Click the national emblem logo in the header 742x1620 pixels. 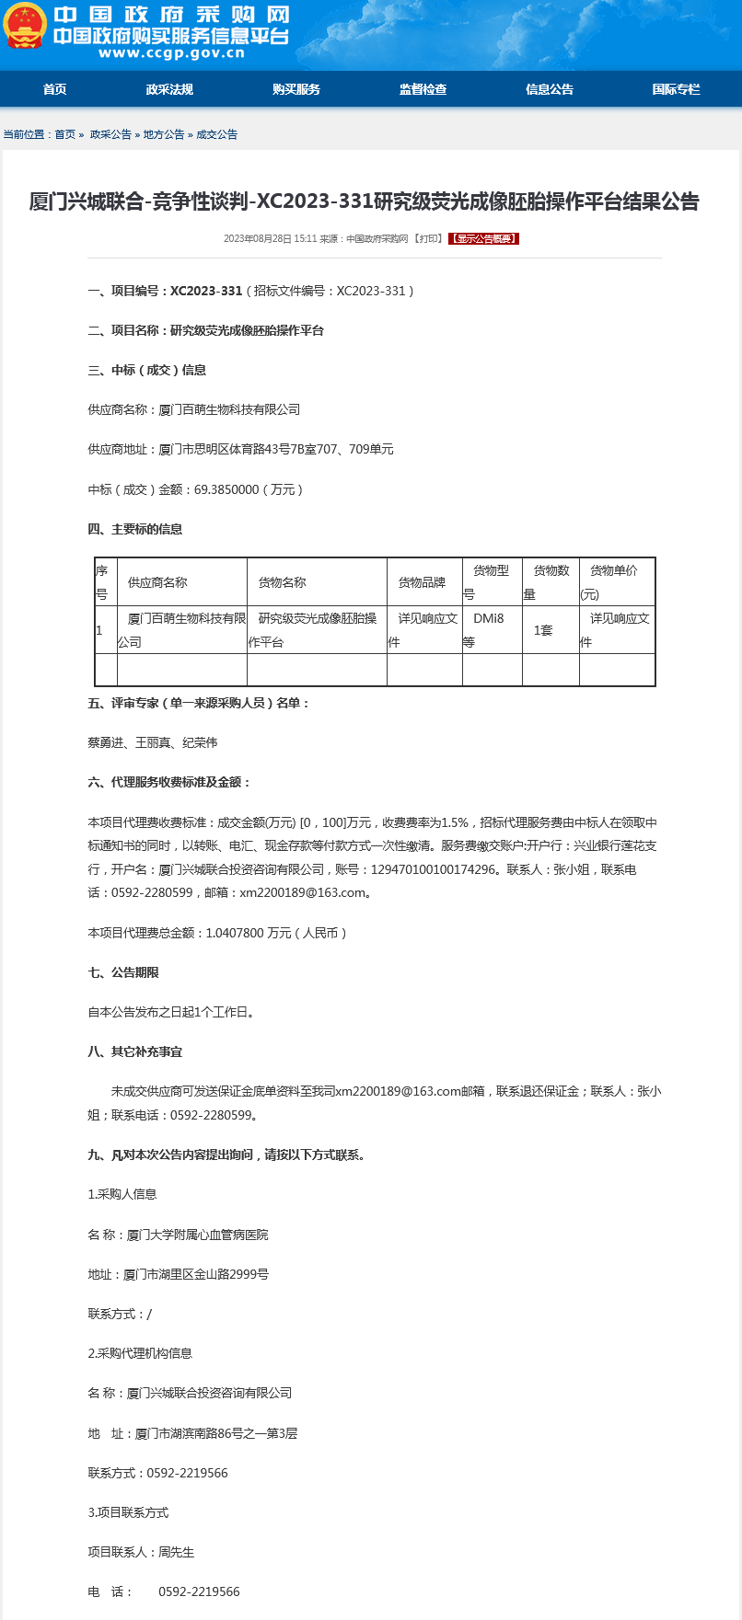[x=25, y=27]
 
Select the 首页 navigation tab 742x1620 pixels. [x=54, y=89]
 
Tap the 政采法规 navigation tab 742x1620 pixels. [x=169, y=89]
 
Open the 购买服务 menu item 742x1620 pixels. [x=296, y=89]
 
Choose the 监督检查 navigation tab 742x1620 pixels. [x=423, y=89]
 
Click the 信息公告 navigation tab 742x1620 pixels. [x=550, y=89]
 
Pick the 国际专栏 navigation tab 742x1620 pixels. [x=676, y=89]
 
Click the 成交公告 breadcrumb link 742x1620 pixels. [x=216, y=134]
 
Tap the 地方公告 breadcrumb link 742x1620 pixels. [x=164, y=134]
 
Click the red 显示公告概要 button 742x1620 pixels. [x=484, y=239]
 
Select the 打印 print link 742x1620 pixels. [x=428, y=239]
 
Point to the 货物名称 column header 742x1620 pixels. [x=282, y=582]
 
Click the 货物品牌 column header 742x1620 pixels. [x=422, y=582]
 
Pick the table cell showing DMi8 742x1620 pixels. [x=489, y=619]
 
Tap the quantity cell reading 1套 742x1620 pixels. [x=543, y=630]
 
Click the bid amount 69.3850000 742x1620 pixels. [x=226, y=489]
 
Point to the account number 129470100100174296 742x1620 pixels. [x=433, y=869]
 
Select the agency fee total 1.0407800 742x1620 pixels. [x=234, y=933]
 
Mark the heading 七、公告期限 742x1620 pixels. [x=123, y=972]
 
